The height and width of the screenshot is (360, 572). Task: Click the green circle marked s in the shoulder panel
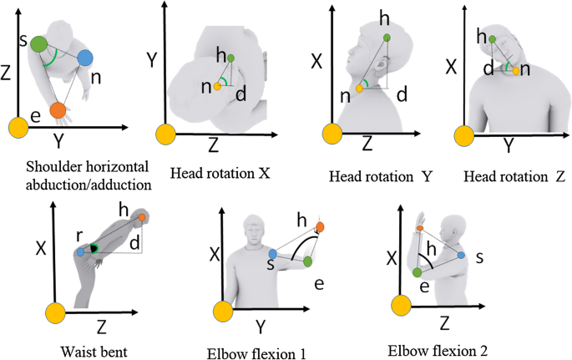(38, 45)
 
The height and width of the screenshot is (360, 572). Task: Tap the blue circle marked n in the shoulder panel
(85, 58)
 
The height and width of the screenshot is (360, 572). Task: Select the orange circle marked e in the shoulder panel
(58, 109)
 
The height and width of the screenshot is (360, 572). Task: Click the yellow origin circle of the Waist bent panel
(55, 313)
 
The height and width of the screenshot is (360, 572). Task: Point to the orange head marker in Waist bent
(143, 218)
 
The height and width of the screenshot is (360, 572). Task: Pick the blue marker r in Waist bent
(80, 251)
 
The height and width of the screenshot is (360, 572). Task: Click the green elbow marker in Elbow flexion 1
(307, 261)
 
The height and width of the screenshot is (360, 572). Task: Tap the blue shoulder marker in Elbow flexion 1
(272, 253)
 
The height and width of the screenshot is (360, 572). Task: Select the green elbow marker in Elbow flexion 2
(417, 272)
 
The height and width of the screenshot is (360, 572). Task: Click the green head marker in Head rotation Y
(386, 38)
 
